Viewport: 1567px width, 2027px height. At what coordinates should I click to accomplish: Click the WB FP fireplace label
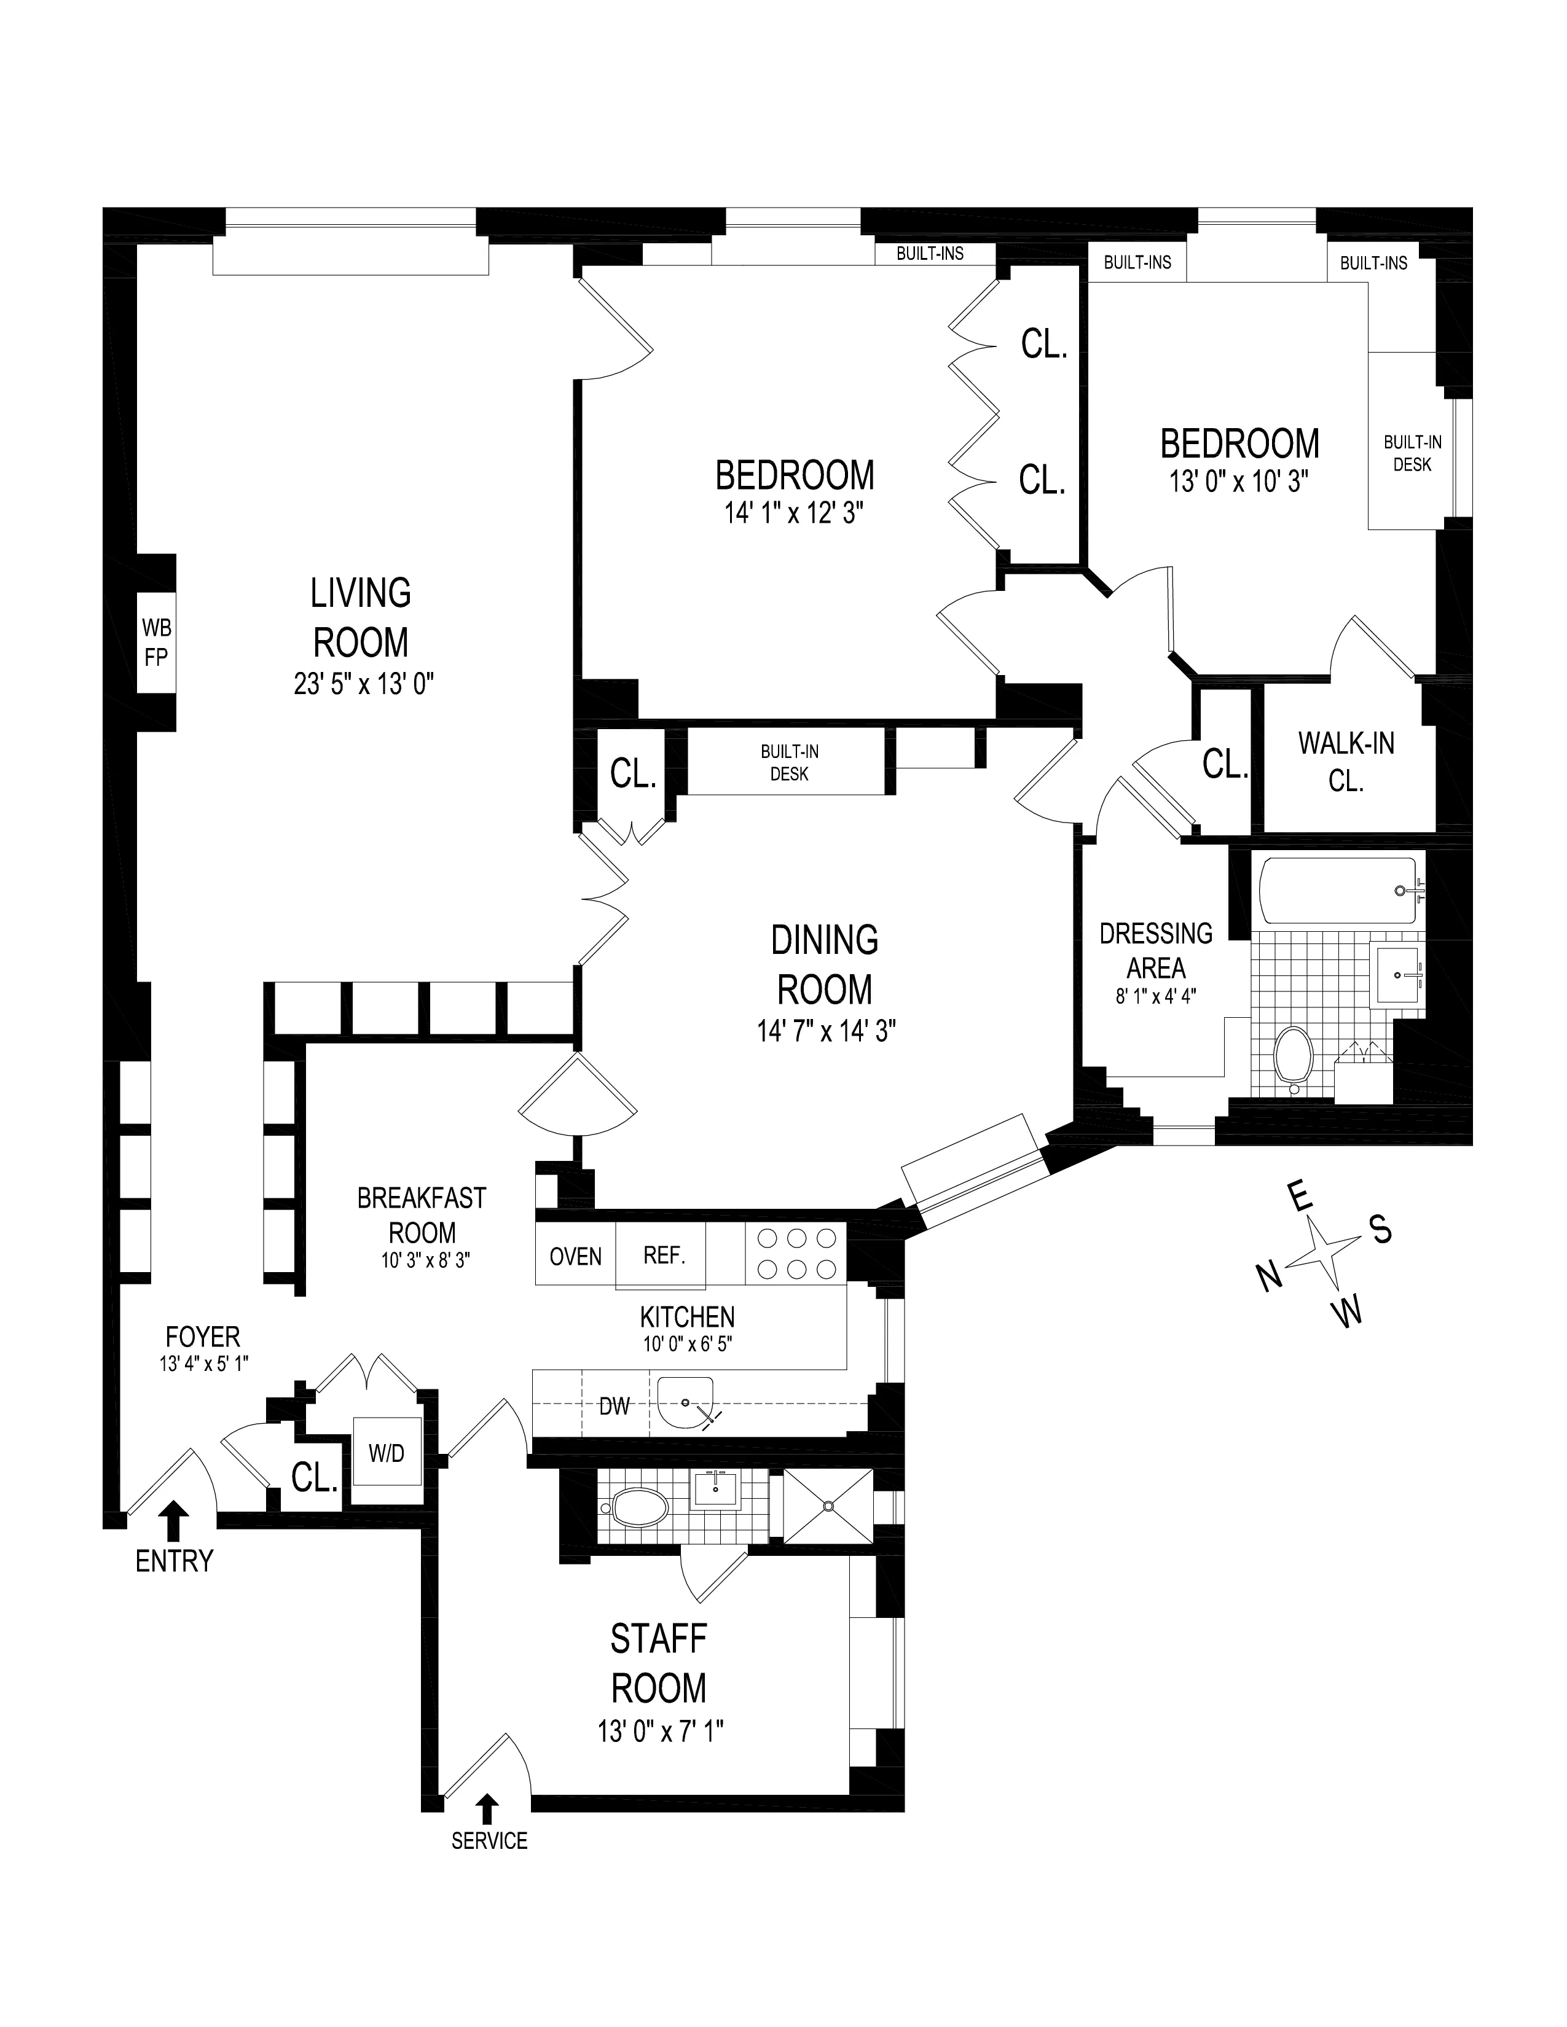[x=156, y=642]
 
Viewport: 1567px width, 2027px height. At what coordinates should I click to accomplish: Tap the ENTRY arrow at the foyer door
[x=173, y=1522]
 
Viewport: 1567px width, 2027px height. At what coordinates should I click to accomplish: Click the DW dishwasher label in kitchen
[x=614, y=1406]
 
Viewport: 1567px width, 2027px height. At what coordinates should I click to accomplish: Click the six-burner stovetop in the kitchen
[x=796, y=1254]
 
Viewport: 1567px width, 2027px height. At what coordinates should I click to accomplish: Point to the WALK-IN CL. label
[x=1345, y=761]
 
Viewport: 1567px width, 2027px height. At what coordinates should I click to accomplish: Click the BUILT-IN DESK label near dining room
[x=788, y=762]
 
